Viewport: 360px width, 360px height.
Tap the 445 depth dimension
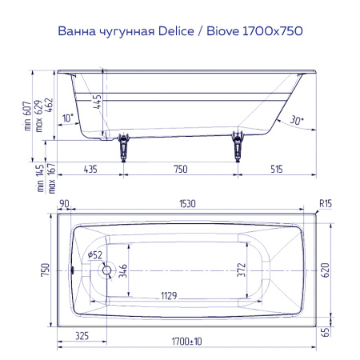tap(97, 102)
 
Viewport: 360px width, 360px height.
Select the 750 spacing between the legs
tap(180, 169)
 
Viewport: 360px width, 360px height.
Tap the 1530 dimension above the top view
tap(189, 206)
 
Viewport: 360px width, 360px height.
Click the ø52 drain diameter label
tap(94, 254)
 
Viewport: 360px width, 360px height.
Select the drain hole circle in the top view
tap(105, 270)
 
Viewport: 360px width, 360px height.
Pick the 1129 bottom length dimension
tap(167, 296)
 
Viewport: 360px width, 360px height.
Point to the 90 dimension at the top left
tap(64, 206)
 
